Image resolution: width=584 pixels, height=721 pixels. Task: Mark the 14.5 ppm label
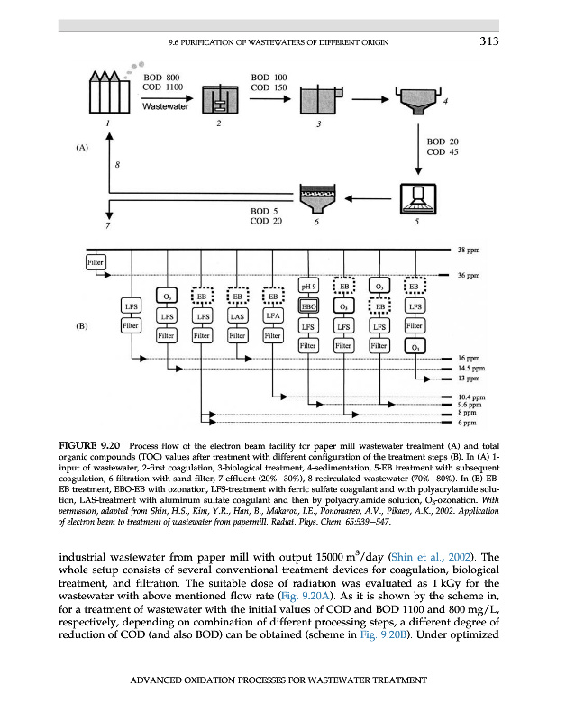(472, 369)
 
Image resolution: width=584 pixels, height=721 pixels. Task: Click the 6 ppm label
(467, 423)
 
